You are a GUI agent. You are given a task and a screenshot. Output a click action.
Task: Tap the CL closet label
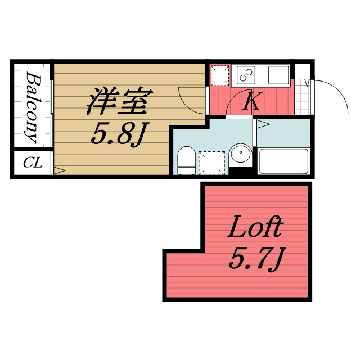33,164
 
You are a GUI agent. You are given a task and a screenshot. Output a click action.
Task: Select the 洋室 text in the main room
116,102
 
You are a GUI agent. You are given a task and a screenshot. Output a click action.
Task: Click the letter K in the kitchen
251,102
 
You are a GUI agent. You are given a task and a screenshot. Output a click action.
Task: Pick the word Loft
254,229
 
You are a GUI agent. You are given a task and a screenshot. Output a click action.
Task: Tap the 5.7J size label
255,259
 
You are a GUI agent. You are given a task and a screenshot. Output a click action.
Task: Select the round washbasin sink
241,154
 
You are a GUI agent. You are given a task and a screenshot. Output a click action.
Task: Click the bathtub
283,161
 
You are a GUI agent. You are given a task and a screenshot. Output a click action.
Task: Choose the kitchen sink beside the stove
278,74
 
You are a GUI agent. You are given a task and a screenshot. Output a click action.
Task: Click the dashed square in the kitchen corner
219,75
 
